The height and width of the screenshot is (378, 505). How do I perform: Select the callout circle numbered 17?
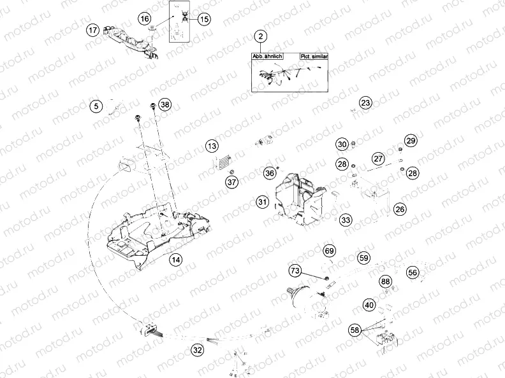tap(94, 30)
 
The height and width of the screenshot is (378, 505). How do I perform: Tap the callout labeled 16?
tap(145, 19)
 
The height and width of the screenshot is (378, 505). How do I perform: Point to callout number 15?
tap(203, 19)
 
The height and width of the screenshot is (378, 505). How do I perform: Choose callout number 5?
tap(95, 106)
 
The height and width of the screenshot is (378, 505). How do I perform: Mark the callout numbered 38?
tap(165, 105)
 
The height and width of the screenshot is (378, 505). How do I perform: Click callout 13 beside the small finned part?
tap(212, 147)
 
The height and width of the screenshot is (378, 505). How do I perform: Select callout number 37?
tap(231, 183)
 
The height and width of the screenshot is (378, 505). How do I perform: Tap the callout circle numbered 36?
tap(270, 172)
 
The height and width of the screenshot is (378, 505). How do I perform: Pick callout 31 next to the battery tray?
tap(262, 202)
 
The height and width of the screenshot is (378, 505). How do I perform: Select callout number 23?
tap(365, 102)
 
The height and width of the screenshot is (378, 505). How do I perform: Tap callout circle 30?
tap(342, 144)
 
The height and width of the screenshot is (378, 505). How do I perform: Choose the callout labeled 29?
tap(411, 141)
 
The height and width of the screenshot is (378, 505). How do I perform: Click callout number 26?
tap(399, 209)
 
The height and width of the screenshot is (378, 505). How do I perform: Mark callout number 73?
tap(295, 272)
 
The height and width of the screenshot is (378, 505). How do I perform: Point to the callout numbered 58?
tap(355, 330)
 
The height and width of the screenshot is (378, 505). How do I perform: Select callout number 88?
tap(385, 281)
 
